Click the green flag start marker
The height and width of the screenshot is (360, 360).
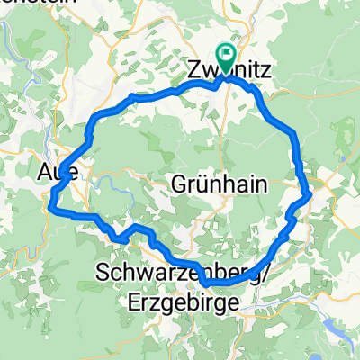tap(225, 56)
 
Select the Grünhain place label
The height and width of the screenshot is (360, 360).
tap(220, 183)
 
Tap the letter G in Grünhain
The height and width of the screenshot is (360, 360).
tap(177, 183)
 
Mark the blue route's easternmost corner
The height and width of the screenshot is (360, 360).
tap(310, 192)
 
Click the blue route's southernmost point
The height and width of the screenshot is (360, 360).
tap(209, 283)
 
